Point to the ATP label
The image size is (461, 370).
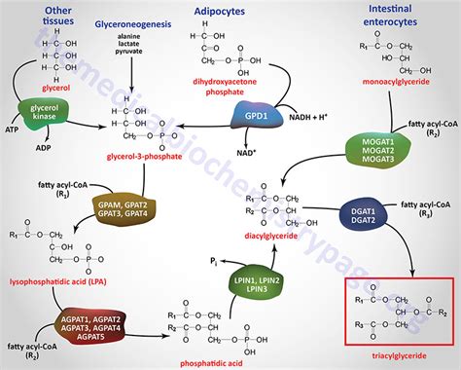11,129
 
